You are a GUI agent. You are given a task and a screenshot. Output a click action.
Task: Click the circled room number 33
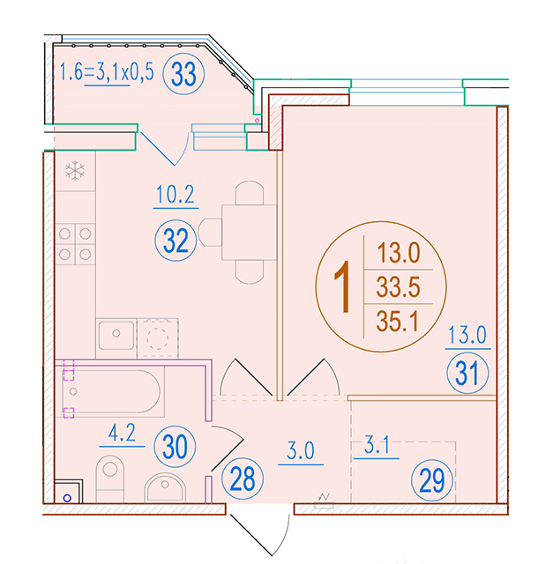coord(183,74)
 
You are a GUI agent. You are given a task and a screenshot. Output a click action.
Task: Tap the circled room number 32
coord(176,241)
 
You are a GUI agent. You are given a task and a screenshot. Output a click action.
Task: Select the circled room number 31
coord(467,373)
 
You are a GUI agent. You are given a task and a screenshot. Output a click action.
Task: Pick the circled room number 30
coord(175,447)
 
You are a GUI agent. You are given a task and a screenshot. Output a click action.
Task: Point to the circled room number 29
coord(432,480)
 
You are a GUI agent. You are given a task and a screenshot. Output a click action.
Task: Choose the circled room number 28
coord(243,479)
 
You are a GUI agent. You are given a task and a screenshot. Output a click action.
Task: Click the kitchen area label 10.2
coord(176,195)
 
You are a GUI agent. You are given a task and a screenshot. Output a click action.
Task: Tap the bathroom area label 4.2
coord(122,433)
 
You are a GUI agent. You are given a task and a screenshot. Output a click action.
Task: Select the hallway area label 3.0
coord(301,450)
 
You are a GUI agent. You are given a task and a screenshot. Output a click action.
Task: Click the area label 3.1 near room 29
coord(377,445)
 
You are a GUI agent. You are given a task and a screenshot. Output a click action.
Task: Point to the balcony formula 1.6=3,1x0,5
coord(107,71)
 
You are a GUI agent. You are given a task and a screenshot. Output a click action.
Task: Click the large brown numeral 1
coord(342,286)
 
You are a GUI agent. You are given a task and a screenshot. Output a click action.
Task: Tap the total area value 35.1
coord(398,321)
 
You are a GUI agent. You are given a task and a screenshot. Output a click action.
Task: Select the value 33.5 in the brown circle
coord(398,286)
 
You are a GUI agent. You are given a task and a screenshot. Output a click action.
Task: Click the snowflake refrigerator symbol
coord(75,171)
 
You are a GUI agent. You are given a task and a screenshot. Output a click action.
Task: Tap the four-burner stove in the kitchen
coord(75,244)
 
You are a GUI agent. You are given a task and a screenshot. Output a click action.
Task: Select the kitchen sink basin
coord(116,336)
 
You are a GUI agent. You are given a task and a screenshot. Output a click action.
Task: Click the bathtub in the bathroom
coord(111,391)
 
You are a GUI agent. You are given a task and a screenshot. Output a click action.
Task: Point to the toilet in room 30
coord(110,479)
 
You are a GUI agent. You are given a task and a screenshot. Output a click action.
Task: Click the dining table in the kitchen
coord(249,233)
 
